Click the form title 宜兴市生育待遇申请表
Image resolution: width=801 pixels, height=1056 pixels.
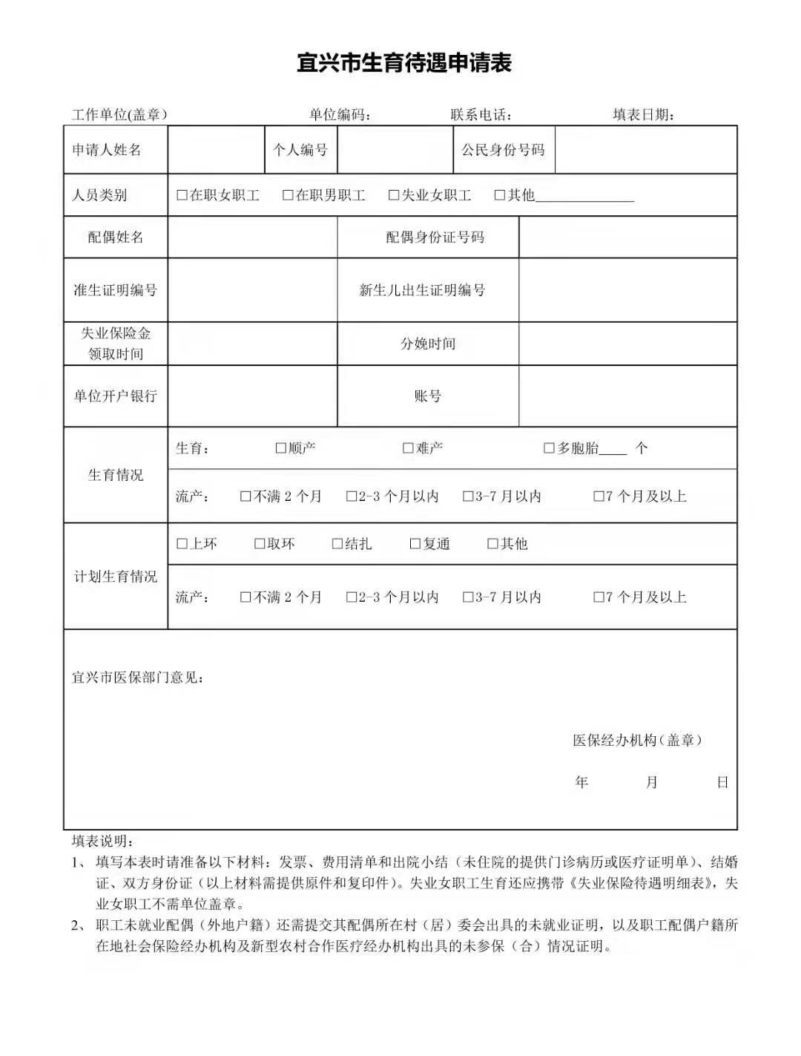(404, 63)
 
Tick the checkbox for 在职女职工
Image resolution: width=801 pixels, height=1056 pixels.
(182, 195)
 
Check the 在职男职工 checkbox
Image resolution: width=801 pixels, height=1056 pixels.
(288, 195)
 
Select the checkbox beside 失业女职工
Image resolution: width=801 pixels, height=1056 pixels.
(394, 195)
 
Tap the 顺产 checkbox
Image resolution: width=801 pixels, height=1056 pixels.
(280, 448)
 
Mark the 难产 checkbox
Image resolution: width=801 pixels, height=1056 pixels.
(408, 448)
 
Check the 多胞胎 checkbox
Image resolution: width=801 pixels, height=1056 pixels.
(549, 448)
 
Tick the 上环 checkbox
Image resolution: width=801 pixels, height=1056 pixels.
(182, 544)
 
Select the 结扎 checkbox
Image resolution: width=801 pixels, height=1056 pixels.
(337, 544)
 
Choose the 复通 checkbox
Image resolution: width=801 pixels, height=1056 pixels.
(415, 544)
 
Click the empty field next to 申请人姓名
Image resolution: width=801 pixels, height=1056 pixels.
(216, 150)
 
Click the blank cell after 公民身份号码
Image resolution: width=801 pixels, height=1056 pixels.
(645, 150)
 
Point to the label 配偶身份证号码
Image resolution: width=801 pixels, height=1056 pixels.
(435, 237)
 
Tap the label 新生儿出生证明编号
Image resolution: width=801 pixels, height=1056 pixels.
(422, 290)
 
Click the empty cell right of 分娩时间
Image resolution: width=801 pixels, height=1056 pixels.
(627, 344)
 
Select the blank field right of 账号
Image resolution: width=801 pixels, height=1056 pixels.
(627, 396)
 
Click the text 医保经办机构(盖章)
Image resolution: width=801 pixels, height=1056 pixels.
(637, 740)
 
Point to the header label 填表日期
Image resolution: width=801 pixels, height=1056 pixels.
(643, 114)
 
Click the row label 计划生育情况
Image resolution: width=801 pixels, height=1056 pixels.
(116, 577)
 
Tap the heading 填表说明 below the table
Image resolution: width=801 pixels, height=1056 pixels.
(103, 841)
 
